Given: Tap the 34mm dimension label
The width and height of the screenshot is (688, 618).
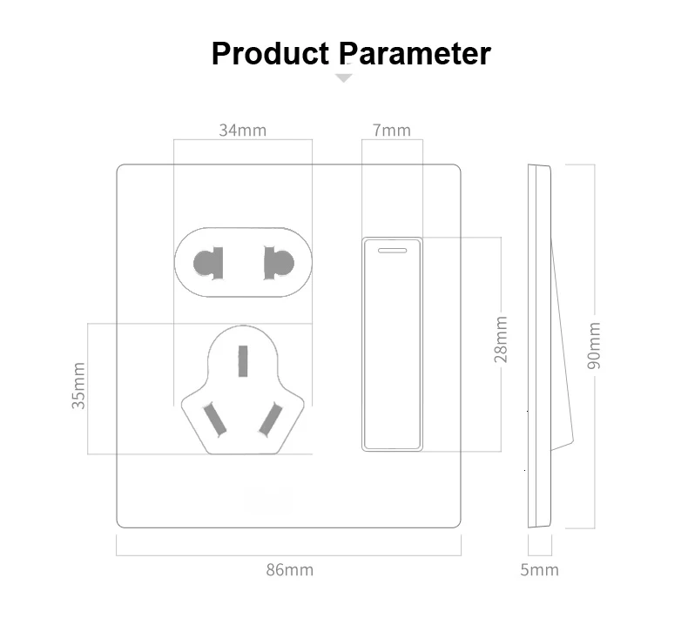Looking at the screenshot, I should [242, 131].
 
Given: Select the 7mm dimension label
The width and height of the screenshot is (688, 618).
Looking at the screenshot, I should [391, 131].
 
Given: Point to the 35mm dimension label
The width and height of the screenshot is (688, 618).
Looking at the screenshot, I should [79, 386].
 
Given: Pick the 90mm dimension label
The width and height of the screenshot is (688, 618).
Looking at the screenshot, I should [594, 345].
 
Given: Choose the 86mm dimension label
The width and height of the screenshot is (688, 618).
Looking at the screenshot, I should [289, 571].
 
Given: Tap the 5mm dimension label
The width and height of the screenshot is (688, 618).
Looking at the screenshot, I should [540, 571].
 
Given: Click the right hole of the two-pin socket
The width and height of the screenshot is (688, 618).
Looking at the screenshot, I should [279, 262].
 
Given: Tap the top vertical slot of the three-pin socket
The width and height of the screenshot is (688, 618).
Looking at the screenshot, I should [245, 359].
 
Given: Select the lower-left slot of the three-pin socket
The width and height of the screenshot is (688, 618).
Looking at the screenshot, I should [215, 419].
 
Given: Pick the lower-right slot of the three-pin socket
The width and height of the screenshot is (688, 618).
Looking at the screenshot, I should [273, 419].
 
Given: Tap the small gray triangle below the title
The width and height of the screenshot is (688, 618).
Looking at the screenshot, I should [345, 78].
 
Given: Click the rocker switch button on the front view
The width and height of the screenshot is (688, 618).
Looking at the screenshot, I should [391, 348].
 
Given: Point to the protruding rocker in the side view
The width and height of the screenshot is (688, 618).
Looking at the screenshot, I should [563, 348].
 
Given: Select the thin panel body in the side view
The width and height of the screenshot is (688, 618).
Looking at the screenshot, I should [534, 348].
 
